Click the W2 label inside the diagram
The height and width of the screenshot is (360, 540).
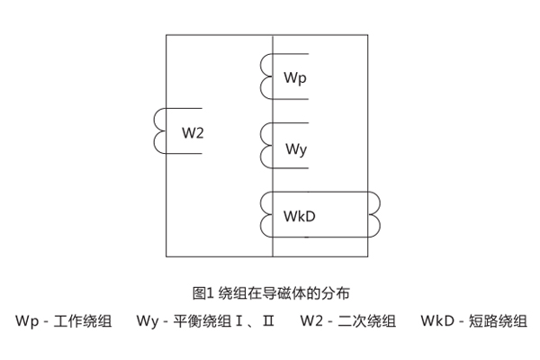click(x=193, y=133)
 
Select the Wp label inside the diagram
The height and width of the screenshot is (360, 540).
click(x=296, y=79)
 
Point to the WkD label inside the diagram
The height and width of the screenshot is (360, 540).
click(x=300, y=218)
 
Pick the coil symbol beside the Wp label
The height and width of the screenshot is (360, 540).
click(x=265, y=76)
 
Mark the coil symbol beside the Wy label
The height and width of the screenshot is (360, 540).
click(x=265, y=146)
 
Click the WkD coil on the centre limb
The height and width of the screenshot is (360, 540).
click(x=265, y=215)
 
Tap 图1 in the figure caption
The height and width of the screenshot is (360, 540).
click(x=202, y=292)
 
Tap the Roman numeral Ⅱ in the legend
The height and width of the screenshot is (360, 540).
click(x=267, y=320)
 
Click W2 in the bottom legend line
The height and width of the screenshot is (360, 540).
click(x=312, y=320)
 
